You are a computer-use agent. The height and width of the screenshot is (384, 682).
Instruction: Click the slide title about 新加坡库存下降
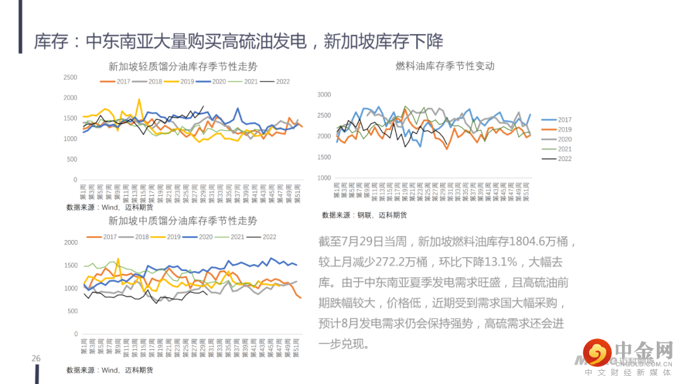pos(239,42)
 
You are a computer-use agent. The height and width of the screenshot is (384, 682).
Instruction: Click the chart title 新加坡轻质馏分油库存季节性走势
pos(183,66)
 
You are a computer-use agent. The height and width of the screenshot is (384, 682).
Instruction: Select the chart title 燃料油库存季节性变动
pos(445,66)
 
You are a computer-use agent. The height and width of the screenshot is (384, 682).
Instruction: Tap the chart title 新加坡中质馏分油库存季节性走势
pos(183,220)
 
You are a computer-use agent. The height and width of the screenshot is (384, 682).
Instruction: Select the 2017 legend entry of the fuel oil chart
pos(558,120)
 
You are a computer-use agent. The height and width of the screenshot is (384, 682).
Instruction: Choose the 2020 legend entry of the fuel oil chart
pos(558,139)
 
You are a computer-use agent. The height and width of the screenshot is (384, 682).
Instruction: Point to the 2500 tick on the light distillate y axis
pos(70,78)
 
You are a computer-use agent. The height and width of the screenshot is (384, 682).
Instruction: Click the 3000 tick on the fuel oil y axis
pos(324,95)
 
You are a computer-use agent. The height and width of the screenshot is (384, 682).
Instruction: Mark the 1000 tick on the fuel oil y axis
pos(324,178)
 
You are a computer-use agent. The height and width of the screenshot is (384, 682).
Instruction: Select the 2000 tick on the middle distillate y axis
pos(70,242)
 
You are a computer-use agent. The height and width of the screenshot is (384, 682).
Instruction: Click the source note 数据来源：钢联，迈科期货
pos(364,215)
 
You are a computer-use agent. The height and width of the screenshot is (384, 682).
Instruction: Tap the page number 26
pos(36,359)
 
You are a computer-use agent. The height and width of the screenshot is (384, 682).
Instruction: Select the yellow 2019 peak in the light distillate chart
pos(139,99)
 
